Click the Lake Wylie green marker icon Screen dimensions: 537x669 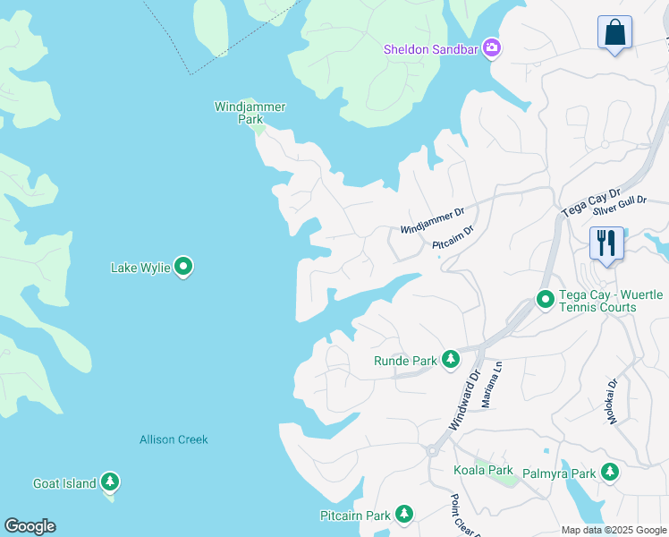point(183,267)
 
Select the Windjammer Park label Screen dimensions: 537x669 point(250,113)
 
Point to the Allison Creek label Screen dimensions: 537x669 point(174,439)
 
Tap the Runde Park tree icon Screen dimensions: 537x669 point(451,360)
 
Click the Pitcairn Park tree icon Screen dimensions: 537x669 point(404,515)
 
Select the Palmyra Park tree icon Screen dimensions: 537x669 point(610,472)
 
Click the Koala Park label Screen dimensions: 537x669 point(482,470)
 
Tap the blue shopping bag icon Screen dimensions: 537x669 point(614,32)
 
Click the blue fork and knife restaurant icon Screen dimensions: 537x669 point(606,243)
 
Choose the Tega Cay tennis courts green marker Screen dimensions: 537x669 point(545,300)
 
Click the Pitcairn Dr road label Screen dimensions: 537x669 point(453,237)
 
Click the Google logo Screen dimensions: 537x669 point(30,526)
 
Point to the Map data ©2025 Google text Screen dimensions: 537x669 point(613,530)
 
